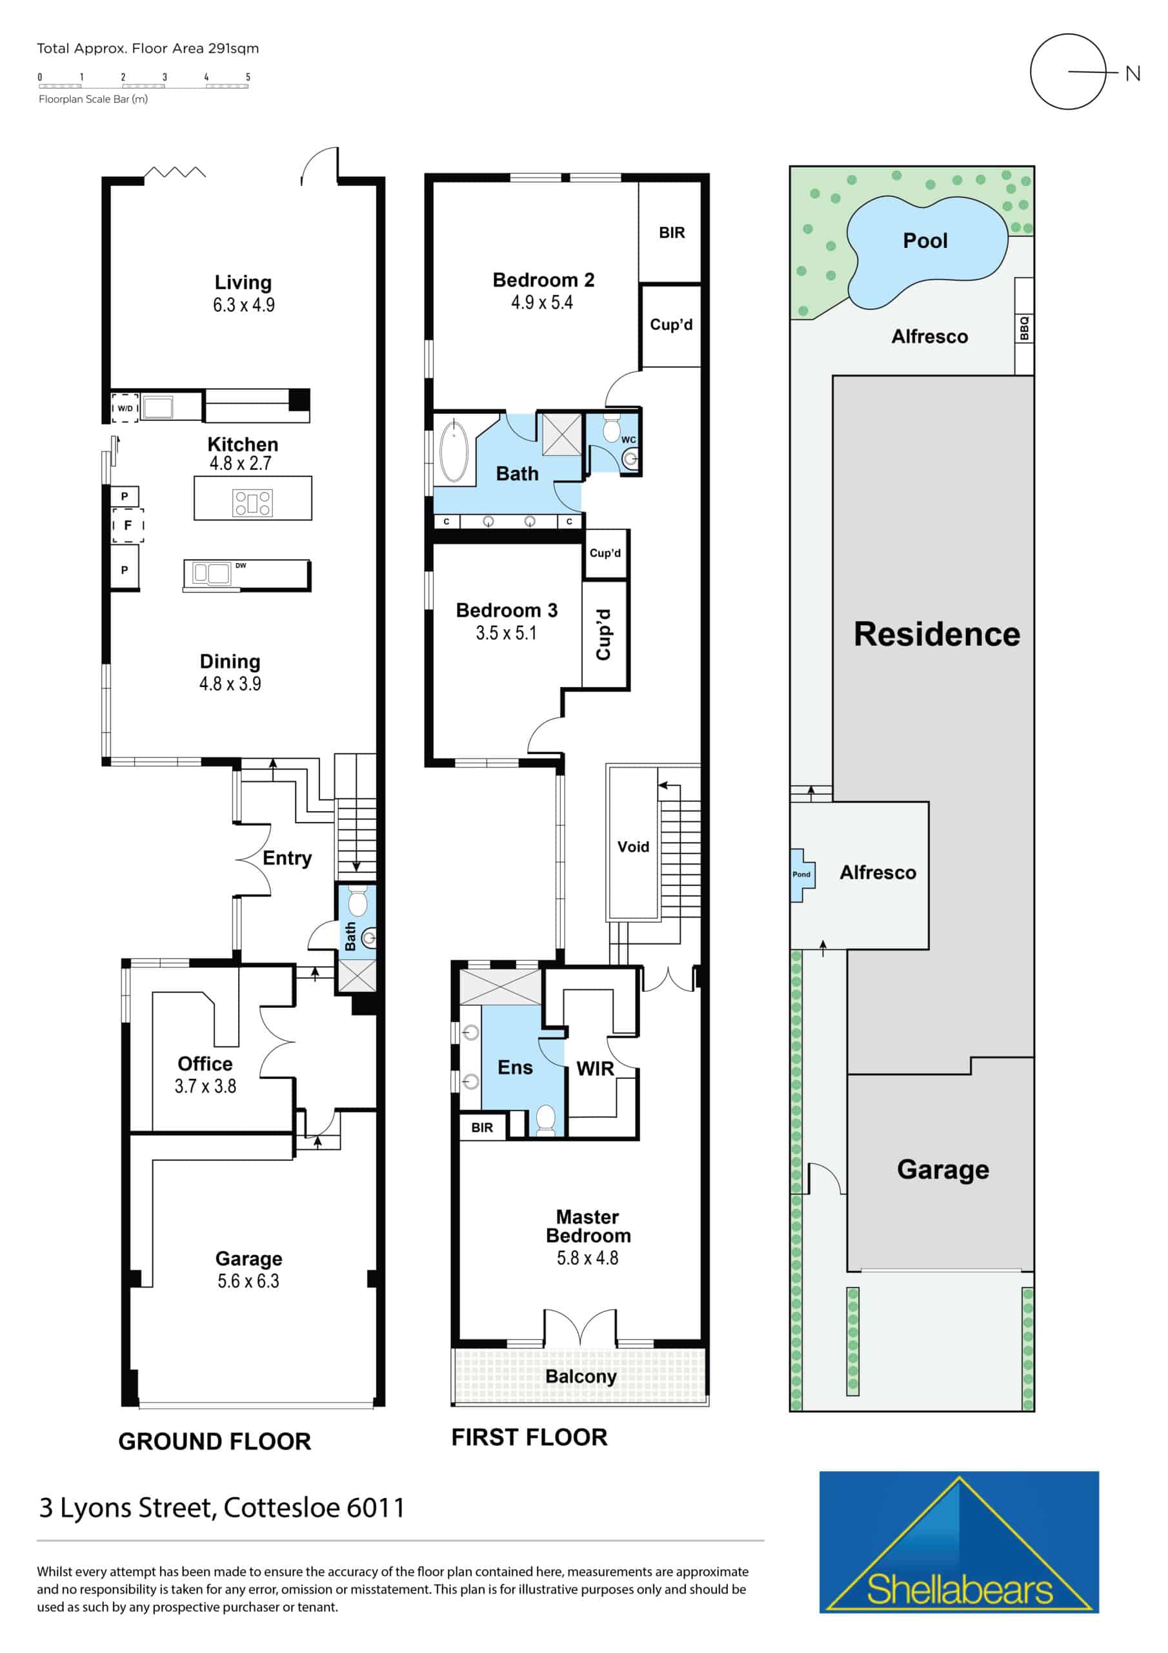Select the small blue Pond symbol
click(x=801, y=875)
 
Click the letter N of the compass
click(x=1133, y=74)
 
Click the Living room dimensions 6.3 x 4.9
click(x=243, y=305)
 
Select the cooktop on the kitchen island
click(x=252, y=502)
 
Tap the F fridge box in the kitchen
click(x=128, y=525)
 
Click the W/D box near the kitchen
click(x=125, y=407)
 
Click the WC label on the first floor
click(x=629, y=440)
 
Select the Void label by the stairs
click(x=633, y=847)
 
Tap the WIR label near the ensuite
click(x=595, y=1069)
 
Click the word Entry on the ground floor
click(x=287, y=858)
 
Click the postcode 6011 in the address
click(x=376, y=1507)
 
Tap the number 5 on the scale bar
click(x=248, y=77)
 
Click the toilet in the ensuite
click(x=546, y=1120)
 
